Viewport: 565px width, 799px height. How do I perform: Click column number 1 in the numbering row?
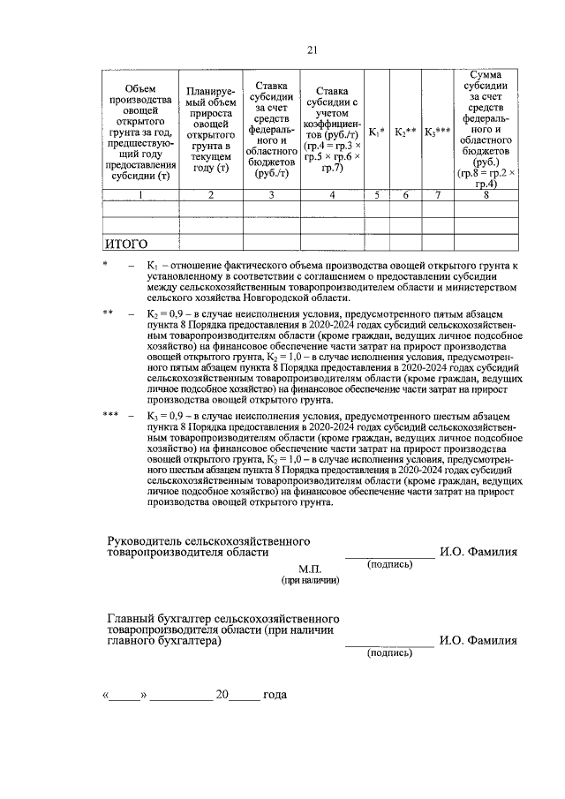(x=140, y=195)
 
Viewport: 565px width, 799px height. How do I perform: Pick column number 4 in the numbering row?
(x=332, y=195)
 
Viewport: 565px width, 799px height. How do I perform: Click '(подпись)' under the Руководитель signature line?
(x=389, y=563)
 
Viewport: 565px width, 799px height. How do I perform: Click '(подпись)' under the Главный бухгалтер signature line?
(x=389, y=653)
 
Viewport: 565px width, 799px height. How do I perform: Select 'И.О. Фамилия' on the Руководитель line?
(x=478, y=552)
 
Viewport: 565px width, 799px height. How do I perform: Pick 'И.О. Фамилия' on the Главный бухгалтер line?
(x=478, y=642)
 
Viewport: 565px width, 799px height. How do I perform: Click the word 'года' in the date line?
(x=275, y=695)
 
